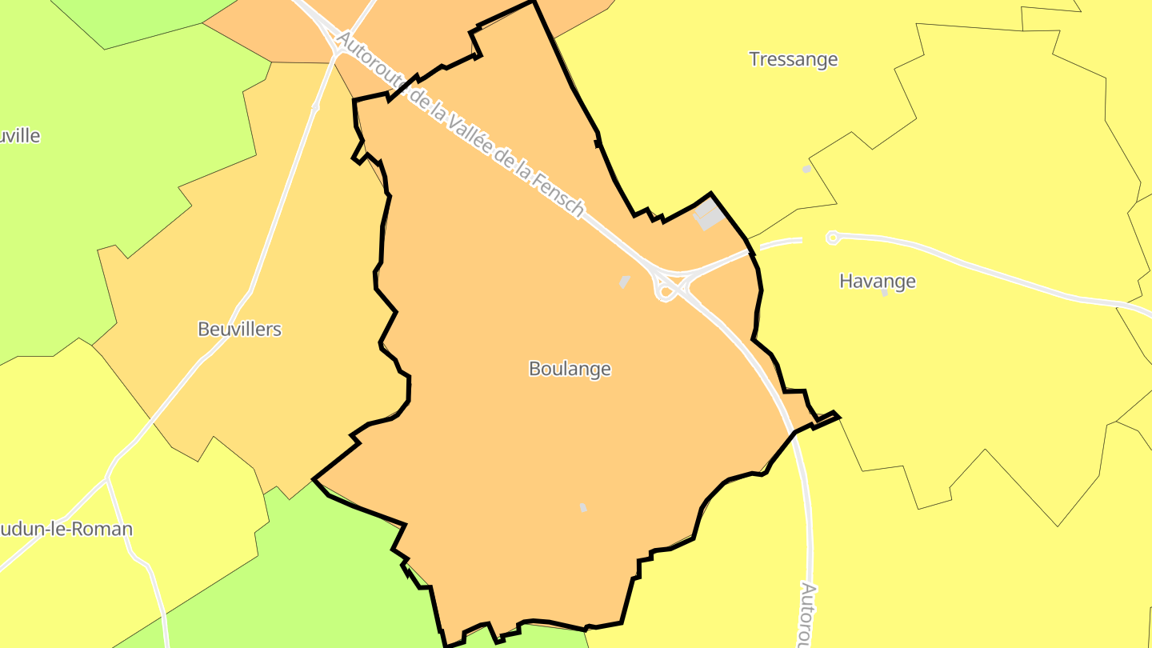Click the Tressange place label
[793, 59]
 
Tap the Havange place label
[877, 282]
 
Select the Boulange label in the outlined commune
[570, 369]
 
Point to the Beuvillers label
[239, 330]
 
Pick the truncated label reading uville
[20, 136]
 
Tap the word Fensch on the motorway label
[563, 195]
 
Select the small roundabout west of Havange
[833, 237]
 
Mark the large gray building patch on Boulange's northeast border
[708, 214]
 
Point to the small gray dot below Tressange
[806, 169]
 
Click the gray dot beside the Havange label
[884, 294]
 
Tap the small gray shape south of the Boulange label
[583, 507]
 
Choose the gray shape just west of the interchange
[624, 282]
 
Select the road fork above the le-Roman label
[106, 480]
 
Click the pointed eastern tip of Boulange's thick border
[837, 415]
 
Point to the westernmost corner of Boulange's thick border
[314, 479]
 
